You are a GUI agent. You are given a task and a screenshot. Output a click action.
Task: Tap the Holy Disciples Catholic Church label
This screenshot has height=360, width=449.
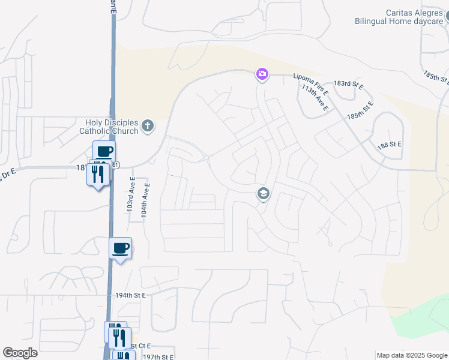(107, 127)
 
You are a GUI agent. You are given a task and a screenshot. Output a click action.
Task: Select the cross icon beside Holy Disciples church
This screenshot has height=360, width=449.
(148, 127)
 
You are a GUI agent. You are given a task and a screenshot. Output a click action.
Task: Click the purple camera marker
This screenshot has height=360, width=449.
(262, 74)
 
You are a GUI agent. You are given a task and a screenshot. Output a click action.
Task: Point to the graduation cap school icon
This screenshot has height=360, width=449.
(262, 194)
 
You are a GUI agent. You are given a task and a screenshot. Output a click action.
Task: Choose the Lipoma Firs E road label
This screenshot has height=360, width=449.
(310, 77)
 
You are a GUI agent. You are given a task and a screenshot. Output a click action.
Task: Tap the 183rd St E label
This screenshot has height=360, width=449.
(349, 84)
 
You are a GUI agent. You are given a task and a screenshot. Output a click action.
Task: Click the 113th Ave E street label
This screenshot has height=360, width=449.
(315, 98)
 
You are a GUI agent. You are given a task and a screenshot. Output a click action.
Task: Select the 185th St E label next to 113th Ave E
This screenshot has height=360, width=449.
(360, 112)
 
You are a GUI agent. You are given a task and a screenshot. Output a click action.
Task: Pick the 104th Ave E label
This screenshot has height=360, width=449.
(144, 200)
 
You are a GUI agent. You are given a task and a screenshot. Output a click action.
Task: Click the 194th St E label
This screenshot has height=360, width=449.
(131, 296)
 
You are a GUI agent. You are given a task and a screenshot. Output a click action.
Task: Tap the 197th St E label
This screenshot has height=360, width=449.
(157, 356)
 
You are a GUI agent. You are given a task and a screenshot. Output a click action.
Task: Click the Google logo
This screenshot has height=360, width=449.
(20, 353)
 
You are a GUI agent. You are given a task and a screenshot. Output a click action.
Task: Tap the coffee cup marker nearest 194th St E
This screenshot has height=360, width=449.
(120, 248)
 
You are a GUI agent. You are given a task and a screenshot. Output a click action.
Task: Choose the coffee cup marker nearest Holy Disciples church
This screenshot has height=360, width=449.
(104, 151)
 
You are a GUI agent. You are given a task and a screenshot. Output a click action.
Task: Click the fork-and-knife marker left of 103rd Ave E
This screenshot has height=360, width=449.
(98, 175)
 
